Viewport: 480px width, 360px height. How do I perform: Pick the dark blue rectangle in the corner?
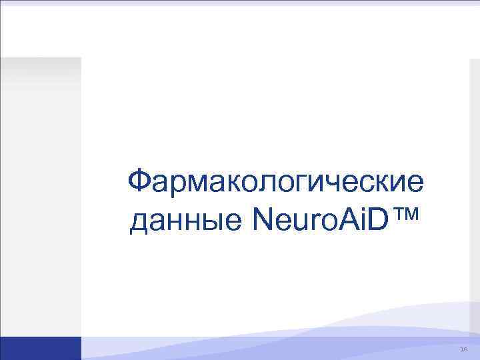tap(40, 348)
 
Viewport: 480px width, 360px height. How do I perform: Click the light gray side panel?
tap(40, 200)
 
